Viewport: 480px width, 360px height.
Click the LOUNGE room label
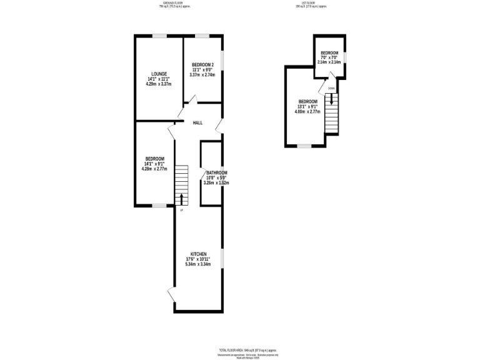coord(157,73)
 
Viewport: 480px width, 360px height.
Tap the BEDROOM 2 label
coord(203,65)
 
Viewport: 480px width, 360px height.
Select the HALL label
coord(197,122)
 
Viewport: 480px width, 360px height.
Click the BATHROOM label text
coord(217,172)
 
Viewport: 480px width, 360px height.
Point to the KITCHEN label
coord(198,254)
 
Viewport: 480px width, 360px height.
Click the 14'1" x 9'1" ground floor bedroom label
coord(155,159)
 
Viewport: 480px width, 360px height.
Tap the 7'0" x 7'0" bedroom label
coord(329,52)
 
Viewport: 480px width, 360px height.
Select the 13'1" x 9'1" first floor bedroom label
coord(308,102)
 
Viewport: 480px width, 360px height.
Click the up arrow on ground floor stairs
coord(182,199)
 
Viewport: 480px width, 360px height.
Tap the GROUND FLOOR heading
coord(172,3)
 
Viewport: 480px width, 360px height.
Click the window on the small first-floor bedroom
coord(346,57)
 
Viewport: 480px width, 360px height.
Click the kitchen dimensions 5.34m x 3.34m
coord(198,264)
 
